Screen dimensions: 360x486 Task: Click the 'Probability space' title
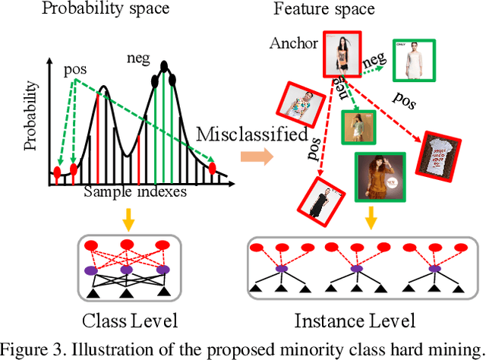tap(106, 11)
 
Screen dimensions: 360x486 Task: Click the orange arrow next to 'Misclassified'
tap(255, 157)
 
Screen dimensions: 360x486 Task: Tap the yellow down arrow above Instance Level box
tap(371, 219)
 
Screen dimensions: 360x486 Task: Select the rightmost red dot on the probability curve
tap(213, 166)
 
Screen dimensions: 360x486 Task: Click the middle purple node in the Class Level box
tap(125, 269)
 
